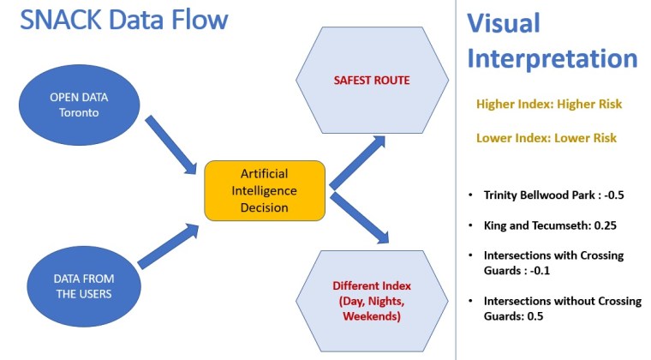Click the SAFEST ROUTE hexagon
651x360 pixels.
372,81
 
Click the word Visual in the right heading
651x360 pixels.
504,23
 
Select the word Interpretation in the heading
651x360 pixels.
552,58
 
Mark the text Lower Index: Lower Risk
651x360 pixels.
546,137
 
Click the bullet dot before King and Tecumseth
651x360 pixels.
470,225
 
